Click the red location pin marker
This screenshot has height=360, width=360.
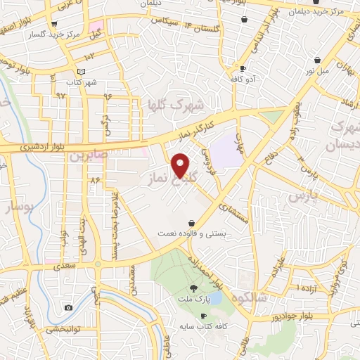click(181, 165)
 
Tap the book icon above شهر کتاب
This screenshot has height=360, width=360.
click(82, 72)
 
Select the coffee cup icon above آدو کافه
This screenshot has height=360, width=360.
click(243, 68)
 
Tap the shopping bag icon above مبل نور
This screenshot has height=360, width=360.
click(319, 60)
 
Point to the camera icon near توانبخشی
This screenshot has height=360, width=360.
click(68, 307)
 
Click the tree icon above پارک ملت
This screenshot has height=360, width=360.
click(193, 288)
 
